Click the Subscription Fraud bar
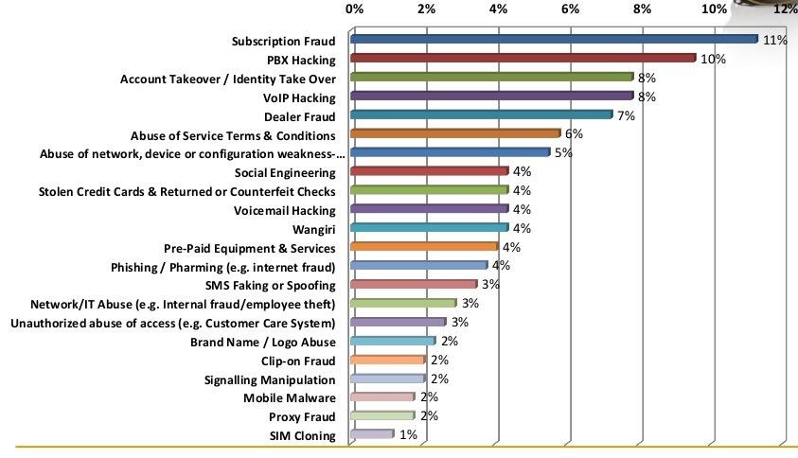(x=554, y=40)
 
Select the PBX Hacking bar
(x=523, y=59)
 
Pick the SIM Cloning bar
(x=371, y=434)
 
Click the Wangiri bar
(x=429, y=228)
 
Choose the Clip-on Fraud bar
(x=388, y=360)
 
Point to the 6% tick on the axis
(x=570, y=9)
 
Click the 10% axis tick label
(x=714, y=9)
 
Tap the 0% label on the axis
(x=355, y=9)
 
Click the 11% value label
(x=775, y=41)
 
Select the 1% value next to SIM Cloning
(x=408, y=435)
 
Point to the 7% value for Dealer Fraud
(x=625, y=116)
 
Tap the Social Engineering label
(x=284, y=173)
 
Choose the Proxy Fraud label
(x=302, y=417)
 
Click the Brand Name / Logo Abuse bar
(x=393, y=341)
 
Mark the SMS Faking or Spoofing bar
(x=414, y=285)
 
